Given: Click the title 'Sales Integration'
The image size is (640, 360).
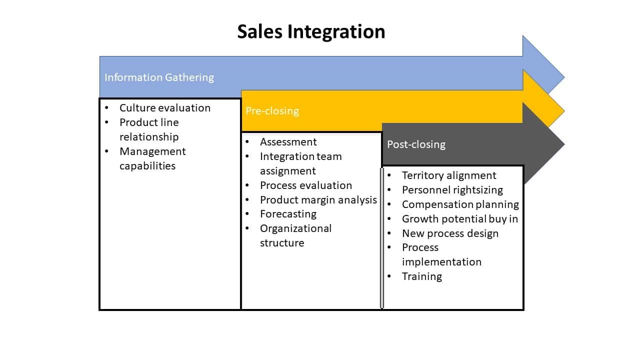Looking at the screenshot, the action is pyautogui.click(x=311, y=31).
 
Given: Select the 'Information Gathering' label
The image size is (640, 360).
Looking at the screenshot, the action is pyautogui.click(x=159, y=77).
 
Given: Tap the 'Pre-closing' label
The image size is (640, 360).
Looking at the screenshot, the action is pyautogui.click(x=272, y=111).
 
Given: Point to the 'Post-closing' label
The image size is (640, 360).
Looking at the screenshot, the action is pyautogui.click(x=416, y=144).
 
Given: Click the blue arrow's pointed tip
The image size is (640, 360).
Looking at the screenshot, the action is pyautogui.click(x=564, y=77).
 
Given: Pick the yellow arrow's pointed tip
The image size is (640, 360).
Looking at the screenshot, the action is pyautogui.click(x=564, y=111).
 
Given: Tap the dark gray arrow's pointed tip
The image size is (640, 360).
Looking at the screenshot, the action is pyautogui.click(x=564, y=144).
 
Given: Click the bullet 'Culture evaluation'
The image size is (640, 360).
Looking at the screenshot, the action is pyautogui.click(x=165, y=108).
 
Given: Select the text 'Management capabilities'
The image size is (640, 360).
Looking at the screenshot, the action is pyautogui.click(x=152, y=158).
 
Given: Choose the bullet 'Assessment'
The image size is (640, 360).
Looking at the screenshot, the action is pyautogui.click(x=288, y=142).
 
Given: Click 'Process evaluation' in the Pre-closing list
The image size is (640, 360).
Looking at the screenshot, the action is pyautogui.click(x=306, y=185).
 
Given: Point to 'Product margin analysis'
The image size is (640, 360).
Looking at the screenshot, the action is pyautogui.click(x=318, y=200).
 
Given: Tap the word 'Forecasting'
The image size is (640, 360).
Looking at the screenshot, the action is pyautogui.click(x=288, y=214).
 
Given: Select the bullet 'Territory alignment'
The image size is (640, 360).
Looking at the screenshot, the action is pyautogui.click(x=449, y=175).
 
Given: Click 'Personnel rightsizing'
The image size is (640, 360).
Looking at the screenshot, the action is pyautogui.click(x=452, y=190).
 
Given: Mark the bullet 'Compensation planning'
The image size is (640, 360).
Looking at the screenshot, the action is pyautogui.click(x=460, y=204).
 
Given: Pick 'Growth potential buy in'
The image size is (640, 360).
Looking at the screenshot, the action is pyautogui.click(x=460, y=219).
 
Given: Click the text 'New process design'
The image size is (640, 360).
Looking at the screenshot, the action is pyautogui.click(x=450, y=233).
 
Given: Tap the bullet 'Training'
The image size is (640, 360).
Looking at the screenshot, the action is pyautogui.click(x=422, y=276).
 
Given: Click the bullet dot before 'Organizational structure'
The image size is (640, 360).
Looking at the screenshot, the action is pyautogui.click(x=247, y=228).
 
